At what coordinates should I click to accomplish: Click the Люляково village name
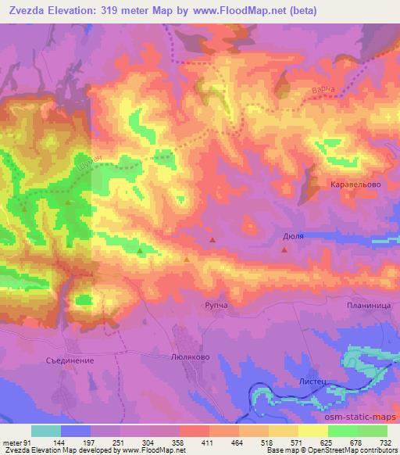pyautogui.click(x=188, y=354)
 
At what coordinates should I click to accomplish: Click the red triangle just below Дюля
pyautogui.click(x=284, y=250)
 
